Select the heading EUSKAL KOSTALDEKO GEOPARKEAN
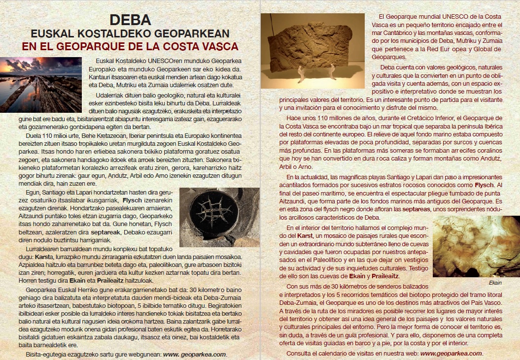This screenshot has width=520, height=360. [130, 34]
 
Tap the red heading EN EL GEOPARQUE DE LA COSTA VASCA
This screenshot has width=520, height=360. [130, 47]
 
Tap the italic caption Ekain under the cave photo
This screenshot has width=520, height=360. [494, 283]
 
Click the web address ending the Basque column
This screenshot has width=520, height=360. [195, 354]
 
